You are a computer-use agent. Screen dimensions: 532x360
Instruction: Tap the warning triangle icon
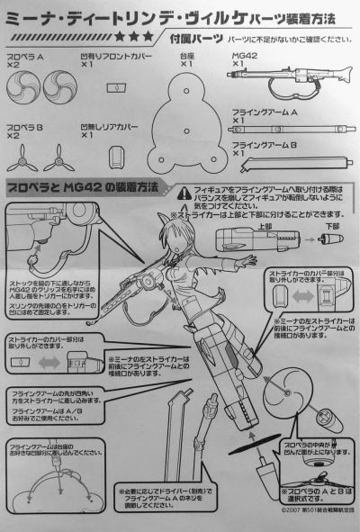(x=183, y=191)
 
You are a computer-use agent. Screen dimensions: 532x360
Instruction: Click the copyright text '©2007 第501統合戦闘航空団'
(x=306, y=521)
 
